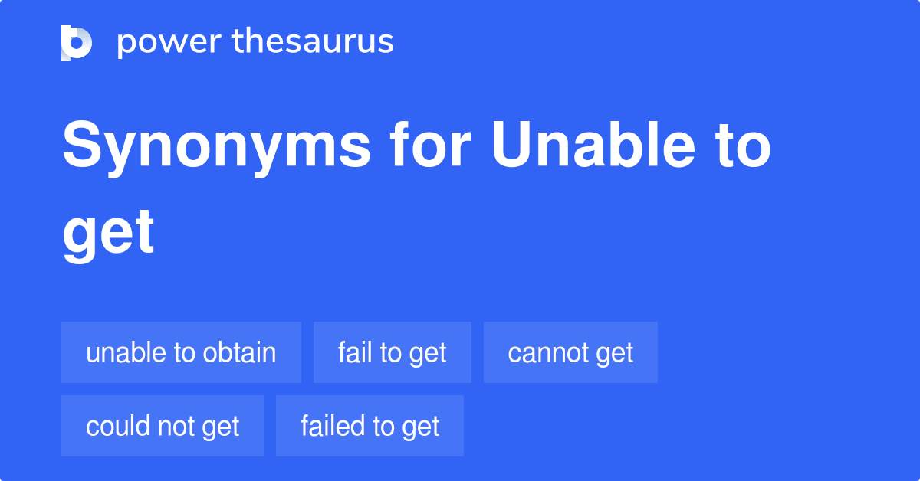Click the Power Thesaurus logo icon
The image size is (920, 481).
[x=77, y=42]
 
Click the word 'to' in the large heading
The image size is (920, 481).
[x=744, y=147]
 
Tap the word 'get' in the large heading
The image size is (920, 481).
[x=108, y=234]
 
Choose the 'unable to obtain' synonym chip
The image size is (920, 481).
[x=181, y=353]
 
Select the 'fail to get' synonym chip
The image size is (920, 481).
[x=392, y=353]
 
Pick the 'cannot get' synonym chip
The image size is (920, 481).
[x=570, y=353]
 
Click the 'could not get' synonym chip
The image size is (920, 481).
[x=163, y=426]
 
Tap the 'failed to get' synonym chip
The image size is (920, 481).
[x=370, y=426]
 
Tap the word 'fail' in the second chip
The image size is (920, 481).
[x=355, y=353]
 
